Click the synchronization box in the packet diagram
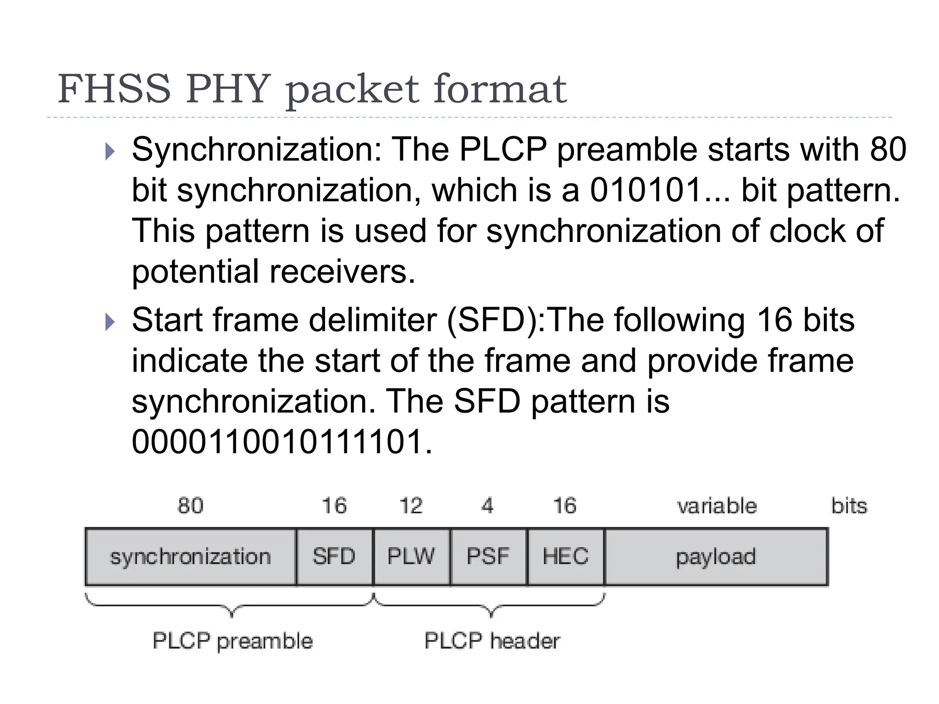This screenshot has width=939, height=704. (190, 557)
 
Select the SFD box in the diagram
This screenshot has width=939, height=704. (334, 557)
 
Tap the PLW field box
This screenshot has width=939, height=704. (411, 557)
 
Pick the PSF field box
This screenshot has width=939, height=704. (488, 557)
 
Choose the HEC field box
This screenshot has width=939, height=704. (565, 557)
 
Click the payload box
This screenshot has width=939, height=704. (716, 557)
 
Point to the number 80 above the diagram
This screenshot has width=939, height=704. (190, 506)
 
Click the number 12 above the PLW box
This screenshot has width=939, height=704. (411, 506)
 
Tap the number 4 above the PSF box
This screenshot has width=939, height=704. (487, 506)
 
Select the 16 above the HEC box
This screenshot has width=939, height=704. (564, 506)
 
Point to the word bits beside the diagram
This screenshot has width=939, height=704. (849, 506)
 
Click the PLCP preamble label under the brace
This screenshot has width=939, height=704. (232, 641)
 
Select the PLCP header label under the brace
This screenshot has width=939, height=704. (492, 641)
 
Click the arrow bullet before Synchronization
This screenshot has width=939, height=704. (110, 151)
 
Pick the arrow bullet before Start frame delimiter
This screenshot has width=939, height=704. (110, 322)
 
